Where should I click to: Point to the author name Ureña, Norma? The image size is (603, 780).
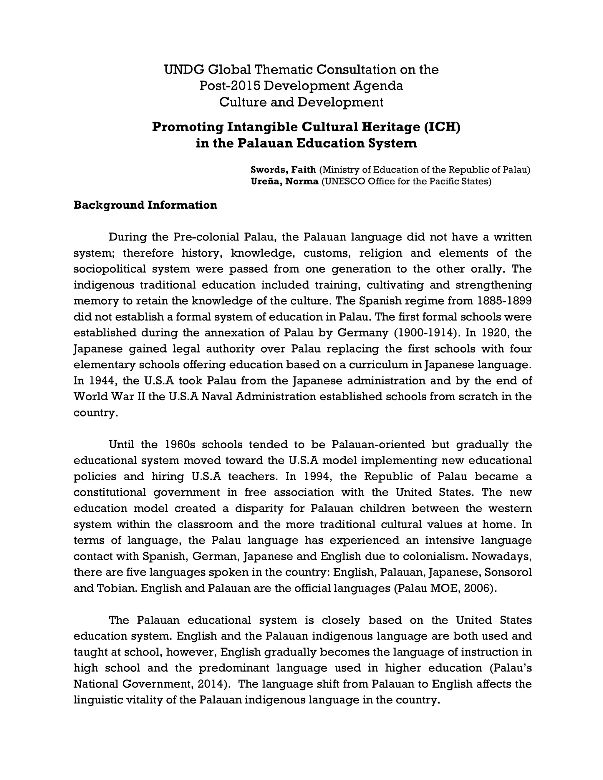click(284, 181)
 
